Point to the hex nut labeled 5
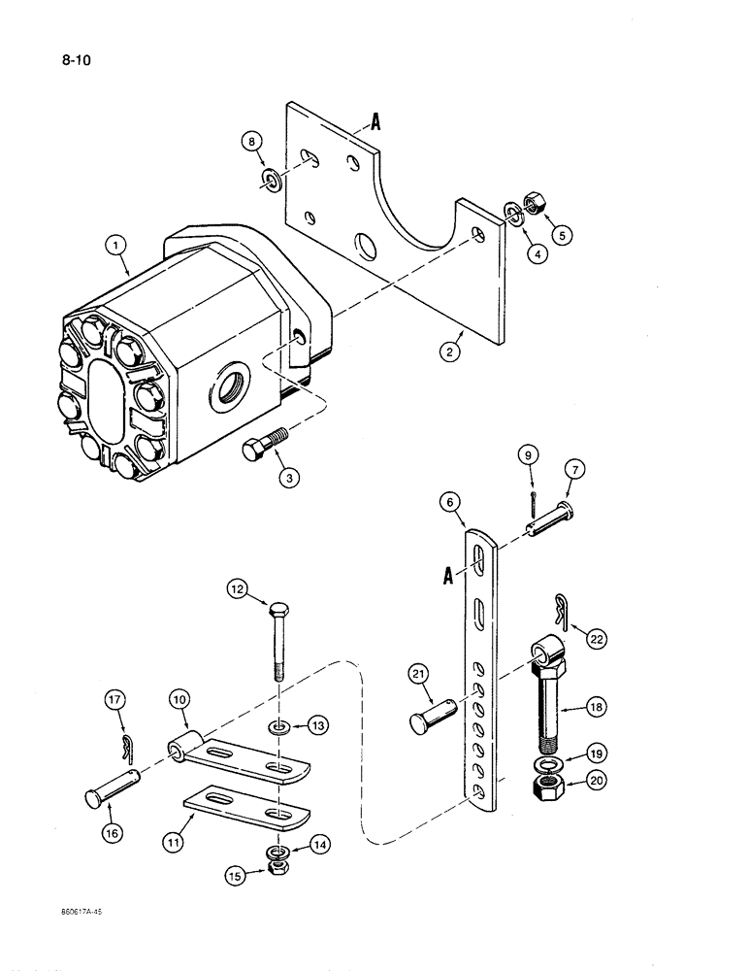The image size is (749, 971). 533,205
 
